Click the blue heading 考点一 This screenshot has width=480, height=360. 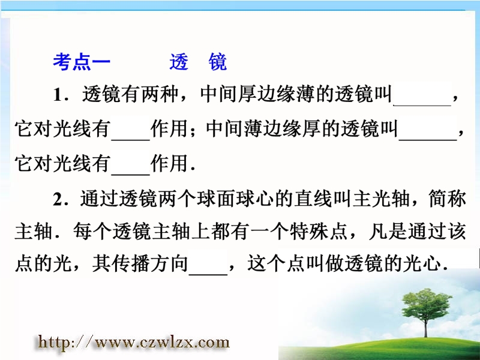[x=82, y=62]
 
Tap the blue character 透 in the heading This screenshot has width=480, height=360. [x=179, y=62]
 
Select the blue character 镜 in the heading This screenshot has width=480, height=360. [x=218, y=62]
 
